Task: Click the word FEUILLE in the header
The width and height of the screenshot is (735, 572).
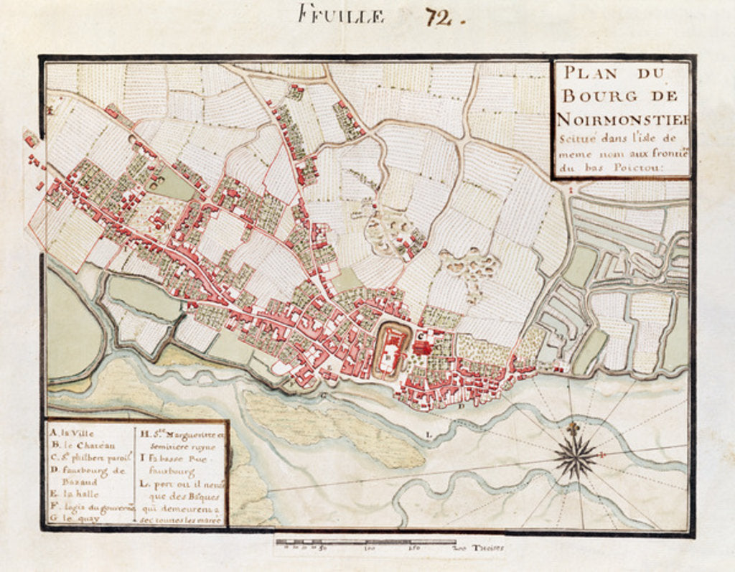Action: [x=342, y=15]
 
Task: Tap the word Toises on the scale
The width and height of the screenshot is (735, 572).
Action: [x=488, y=549]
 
